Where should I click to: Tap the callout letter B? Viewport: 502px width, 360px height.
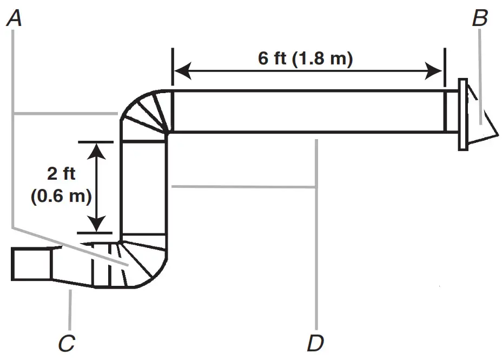click(479, 19)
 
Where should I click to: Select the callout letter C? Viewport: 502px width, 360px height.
click(67, 343)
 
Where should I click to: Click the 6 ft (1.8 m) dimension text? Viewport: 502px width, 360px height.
click(306, 58)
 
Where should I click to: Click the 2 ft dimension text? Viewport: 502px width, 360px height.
click(61, 174)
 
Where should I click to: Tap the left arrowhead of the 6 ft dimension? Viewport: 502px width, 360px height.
click(182, 70)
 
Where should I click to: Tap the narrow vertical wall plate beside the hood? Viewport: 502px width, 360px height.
click(463, 114)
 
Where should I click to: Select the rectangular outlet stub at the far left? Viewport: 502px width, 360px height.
click(31, 264)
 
